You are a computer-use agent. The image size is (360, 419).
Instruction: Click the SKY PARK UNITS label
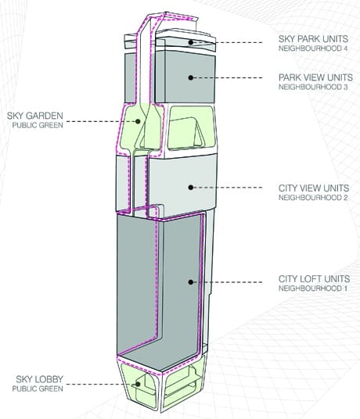pos(313,39)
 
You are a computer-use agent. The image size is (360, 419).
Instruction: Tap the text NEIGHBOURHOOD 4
pos(313,48)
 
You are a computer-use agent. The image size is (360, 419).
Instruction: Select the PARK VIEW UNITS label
pos(315,77)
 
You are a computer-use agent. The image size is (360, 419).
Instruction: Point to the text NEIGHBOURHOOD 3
pos(313,87)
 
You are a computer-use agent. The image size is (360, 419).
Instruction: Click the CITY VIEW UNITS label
pos(314,188)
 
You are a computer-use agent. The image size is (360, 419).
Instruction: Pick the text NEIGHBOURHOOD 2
pos(313,198)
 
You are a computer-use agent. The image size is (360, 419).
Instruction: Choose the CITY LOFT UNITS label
pos(315,279)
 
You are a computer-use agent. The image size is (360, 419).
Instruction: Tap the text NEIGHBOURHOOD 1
pos(313,288)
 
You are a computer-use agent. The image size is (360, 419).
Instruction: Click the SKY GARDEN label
pos(35,116)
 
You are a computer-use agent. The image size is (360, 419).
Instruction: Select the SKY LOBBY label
pos(40,379)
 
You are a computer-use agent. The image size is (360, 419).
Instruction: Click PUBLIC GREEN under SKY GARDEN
pos(38,125)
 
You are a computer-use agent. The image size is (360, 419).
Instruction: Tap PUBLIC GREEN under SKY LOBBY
pos(38,389)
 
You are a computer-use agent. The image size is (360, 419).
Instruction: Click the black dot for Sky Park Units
pos(190,42)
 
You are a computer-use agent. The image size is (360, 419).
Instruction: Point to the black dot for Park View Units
pos(190,77)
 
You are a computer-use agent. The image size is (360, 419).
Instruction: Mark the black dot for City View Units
pos(190,188)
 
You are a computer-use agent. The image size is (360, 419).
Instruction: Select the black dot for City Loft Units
pos(190,282)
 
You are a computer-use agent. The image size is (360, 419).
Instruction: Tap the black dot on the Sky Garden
pos(138,122)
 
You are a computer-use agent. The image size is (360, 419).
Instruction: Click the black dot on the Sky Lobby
pos(138,385)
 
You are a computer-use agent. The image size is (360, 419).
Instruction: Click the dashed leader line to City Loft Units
pos(227,282)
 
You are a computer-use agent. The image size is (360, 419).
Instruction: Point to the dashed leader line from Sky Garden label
pos(101,122)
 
